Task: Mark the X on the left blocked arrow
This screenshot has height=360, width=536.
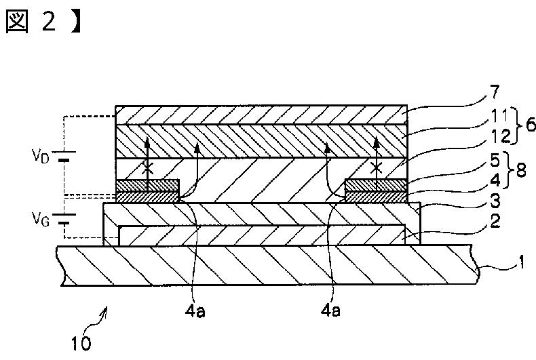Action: point(147,166)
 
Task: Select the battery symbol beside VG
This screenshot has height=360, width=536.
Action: point(64,220)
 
